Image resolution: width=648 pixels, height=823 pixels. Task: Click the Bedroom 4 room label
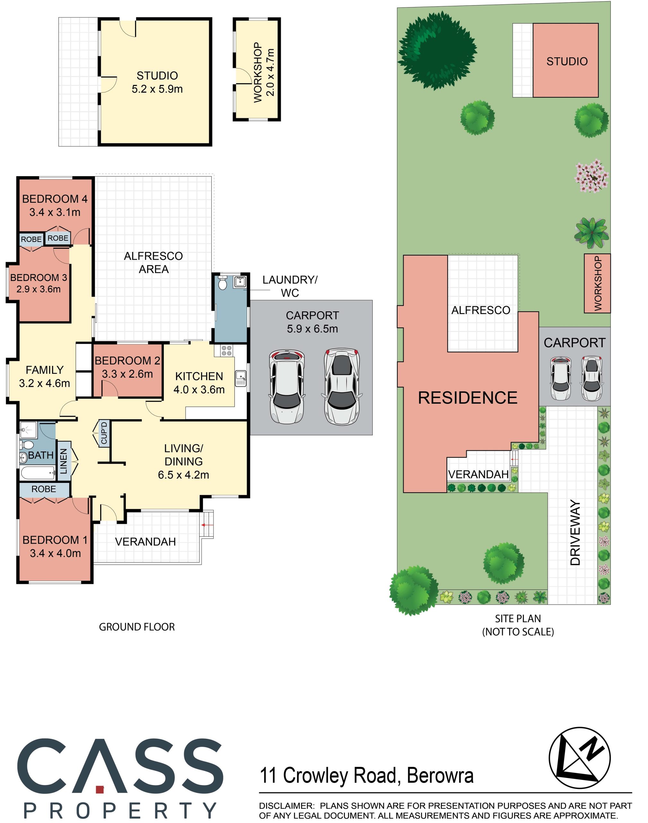[55, 199]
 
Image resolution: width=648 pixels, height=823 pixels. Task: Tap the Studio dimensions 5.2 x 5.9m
[157, 89]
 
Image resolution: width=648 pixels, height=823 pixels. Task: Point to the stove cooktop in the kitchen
[227, 350]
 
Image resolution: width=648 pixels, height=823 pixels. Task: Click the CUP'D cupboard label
[104, 433]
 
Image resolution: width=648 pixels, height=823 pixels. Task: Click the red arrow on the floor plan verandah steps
[207, 525]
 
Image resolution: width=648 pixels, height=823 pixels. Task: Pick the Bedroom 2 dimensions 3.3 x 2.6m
[127, 374]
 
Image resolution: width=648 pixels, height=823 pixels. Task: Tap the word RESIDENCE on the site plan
[468, 398]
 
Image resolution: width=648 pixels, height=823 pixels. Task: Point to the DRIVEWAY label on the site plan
[575, 533]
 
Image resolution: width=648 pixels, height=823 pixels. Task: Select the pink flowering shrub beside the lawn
[592, 176]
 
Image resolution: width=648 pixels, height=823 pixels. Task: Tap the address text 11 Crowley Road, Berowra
[366, 775]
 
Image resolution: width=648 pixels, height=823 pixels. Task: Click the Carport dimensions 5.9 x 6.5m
[312, 329]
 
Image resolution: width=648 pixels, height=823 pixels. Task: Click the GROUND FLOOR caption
[137, 627]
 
